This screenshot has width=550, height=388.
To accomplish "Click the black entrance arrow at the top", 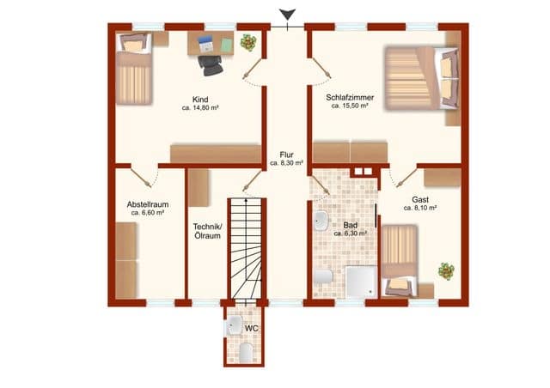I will pyautogui.click(x=285, y=14).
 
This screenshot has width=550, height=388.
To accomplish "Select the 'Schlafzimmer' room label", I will pyautogui.click(x=347, y=97).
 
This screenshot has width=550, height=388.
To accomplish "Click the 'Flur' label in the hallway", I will pyautogui.click(x=286, y=155).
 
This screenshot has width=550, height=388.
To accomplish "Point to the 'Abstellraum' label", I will pyautogui.click(x=147, y=204).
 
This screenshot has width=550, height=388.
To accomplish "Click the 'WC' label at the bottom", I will pyautogui.click(x=252, y=329).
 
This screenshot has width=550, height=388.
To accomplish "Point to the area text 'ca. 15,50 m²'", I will pyautogui.click(x=347, y=106).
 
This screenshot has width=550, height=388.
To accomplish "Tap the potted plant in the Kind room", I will pyautogui.click(x=248, y=42).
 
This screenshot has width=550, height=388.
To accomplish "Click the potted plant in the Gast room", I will pyautogui.click(x=445, y=270).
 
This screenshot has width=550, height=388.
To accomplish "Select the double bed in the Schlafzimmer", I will pyautogui.click(x=421, y=78).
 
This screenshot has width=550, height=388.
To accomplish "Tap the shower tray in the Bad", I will pyautogui.click(x=357, y=281).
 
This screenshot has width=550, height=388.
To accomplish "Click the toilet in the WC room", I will pyautogui.click(x=244, y=353).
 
